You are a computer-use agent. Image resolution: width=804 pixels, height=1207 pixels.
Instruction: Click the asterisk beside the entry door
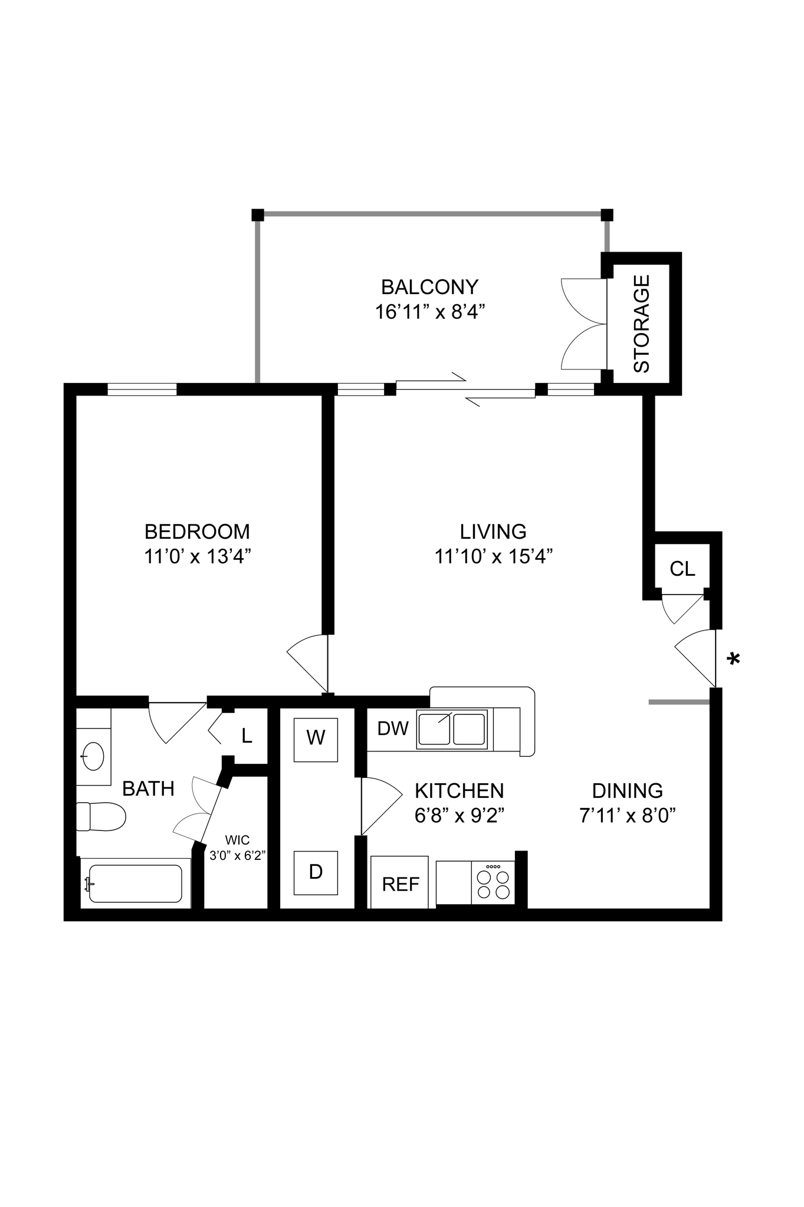(x=734, y=659)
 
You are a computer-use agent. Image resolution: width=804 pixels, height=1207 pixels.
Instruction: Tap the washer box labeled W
(x=316, y=740)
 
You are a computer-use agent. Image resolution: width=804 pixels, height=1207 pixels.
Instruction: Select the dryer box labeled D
(x=316, y=873)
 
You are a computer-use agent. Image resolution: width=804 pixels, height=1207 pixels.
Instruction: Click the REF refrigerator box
(x=400, y=884)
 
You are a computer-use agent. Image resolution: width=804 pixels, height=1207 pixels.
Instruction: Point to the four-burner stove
(x=494, y=883)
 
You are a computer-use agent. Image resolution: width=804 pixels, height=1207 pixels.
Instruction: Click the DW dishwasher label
(x=392, y=728)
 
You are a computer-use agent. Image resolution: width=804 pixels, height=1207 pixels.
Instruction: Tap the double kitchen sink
(x=452, y=730)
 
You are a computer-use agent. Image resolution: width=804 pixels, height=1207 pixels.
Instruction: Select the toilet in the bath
(x=101, y=816)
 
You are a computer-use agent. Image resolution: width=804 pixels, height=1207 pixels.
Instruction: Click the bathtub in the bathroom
(x=135, y=883)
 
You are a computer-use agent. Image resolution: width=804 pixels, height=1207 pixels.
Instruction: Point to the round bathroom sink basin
(x=93, y=756)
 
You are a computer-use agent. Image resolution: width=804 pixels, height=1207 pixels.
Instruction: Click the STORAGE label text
(x=642, y=324)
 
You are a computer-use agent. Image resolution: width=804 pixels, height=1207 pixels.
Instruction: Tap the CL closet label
(x=682, y=569)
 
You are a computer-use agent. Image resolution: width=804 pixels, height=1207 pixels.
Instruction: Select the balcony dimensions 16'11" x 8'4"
(x=430, y=312)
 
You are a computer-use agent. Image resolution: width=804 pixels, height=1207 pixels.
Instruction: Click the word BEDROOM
(x=197, y=532)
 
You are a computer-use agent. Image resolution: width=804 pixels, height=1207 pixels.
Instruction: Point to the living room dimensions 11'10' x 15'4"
(x=493, y=556)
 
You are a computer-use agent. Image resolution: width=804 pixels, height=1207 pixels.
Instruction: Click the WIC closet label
(x=237, y=840)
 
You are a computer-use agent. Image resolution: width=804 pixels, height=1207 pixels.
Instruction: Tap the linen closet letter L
(x=247, y=736)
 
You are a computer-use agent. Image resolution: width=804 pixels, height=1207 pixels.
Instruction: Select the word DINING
(x=627, y=791)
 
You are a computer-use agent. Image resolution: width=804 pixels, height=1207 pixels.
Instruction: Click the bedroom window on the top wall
(x=142, y=389)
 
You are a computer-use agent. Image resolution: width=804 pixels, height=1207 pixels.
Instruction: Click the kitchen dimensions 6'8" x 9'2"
(x=459, y=816)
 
